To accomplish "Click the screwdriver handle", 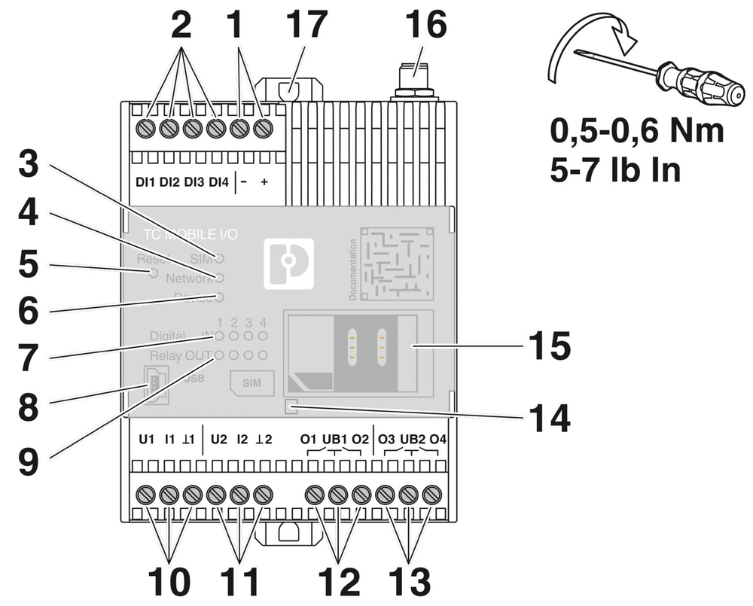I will pos(691,81).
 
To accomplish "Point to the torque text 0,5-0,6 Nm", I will pos(637,131).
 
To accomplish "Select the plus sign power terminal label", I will pos(264,183).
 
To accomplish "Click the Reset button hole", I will pos(154,273).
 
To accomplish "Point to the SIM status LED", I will pos(220,258).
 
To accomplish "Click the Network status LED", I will pos(220,277).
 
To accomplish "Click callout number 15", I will pos(548,348).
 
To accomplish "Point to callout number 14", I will pos(548,419).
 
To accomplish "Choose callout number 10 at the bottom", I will pos(169,581).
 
